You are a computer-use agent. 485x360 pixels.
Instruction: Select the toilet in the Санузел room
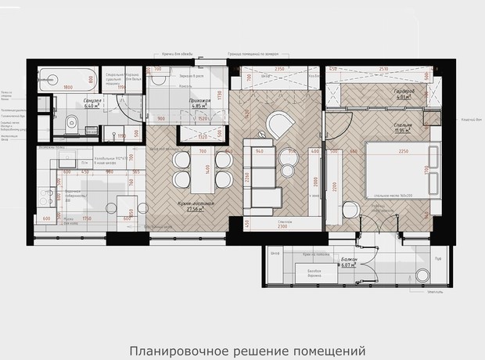pyautogui.click(x=68, y=121)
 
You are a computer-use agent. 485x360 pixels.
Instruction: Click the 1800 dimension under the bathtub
pyautogui.click(x=68, y=88)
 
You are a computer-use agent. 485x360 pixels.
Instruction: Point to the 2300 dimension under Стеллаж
pyautogui.click(x=279, y=229)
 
